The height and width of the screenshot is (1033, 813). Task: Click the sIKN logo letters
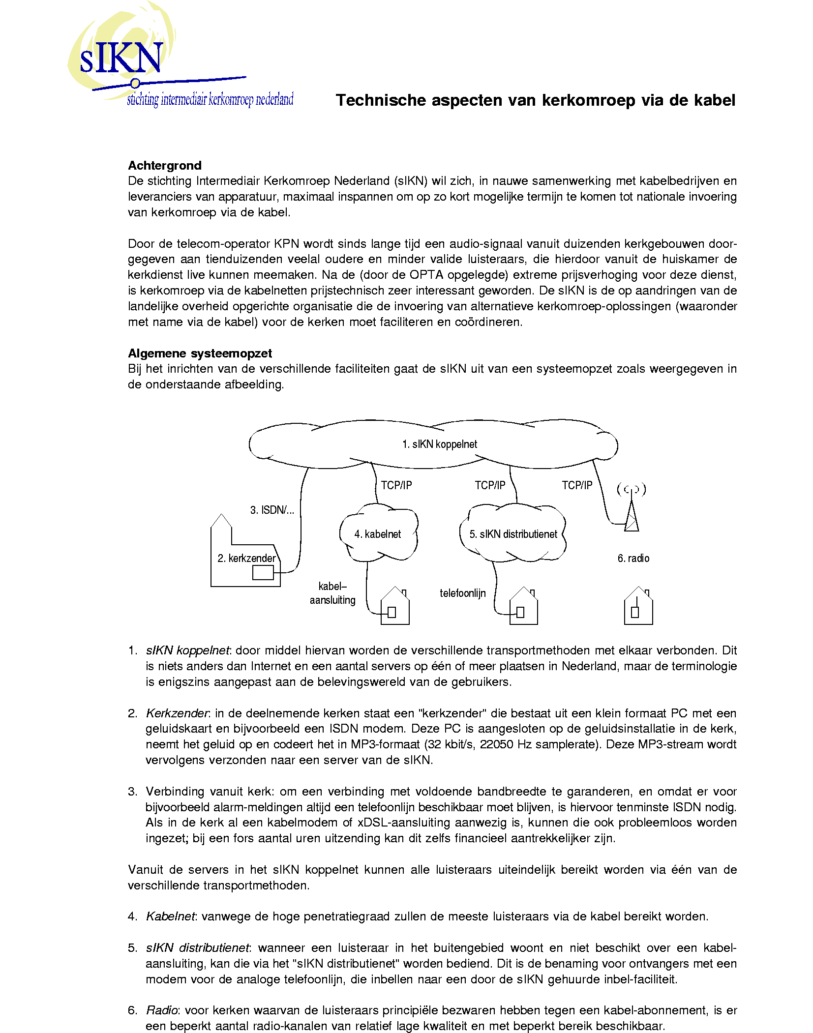pos(121,58)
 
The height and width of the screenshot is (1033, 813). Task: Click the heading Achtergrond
pos(165,165)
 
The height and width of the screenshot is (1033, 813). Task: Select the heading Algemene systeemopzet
pos(200,353)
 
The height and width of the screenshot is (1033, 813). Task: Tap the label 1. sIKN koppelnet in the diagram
pos(439,444)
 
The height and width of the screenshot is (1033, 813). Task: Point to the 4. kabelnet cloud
pos(378,534)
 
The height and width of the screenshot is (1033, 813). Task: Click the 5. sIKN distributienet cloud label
pos(513,534)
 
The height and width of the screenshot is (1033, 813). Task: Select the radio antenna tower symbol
pos(632,516)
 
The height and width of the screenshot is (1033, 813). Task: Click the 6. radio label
pos(633,558)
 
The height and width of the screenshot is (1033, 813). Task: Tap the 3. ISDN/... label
pos(272,510)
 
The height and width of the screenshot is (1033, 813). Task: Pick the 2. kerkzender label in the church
pos(246,558)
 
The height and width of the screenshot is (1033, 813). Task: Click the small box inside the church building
pos(263,572)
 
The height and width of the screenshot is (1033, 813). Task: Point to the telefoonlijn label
pos(462,593)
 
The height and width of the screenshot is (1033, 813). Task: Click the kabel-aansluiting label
pos(332,593)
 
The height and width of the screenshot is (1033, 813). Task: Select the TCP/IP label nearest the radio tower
pos(577,485)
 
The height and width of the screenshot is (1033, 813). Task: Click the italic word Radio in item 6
pos(162,1010)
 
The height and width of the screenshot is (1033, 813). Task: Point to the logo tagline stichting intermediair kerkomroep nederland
pos(210,99)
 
